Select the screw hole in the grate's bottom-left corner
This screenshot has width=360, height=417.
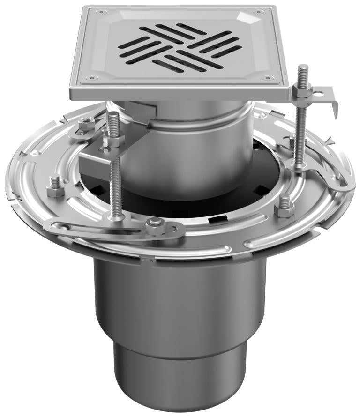tap(92, 78)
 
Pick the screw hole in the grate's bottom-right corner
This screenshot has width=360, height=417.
tap(267, 78)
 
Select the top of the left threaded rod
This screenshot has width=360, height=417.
tap(113, 116)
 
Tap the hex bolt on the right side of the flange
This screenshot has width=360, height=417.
tap(284, 206)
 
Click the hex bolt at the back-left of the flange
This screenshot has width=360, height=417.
tap(86, 125)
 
